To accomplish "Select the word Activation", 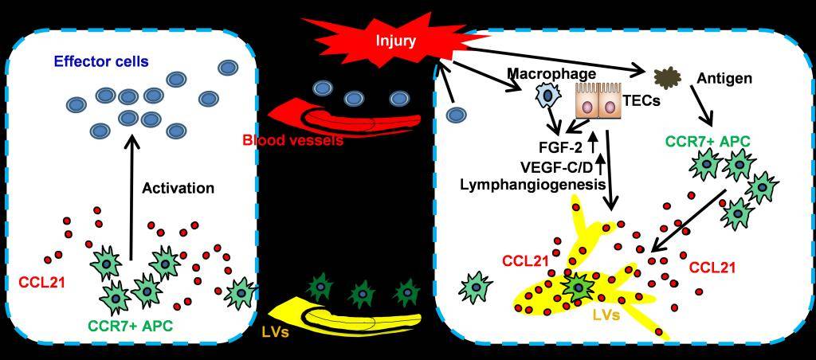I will (x=178, y=188).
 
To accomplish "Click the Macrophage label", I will (x=551, y=74).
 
